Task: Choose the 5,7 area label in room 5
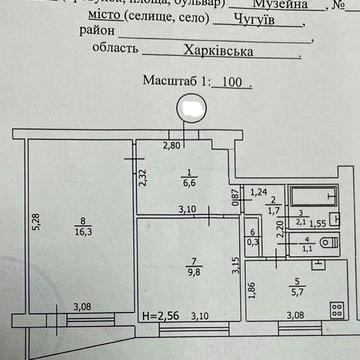tap(296, 293)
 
